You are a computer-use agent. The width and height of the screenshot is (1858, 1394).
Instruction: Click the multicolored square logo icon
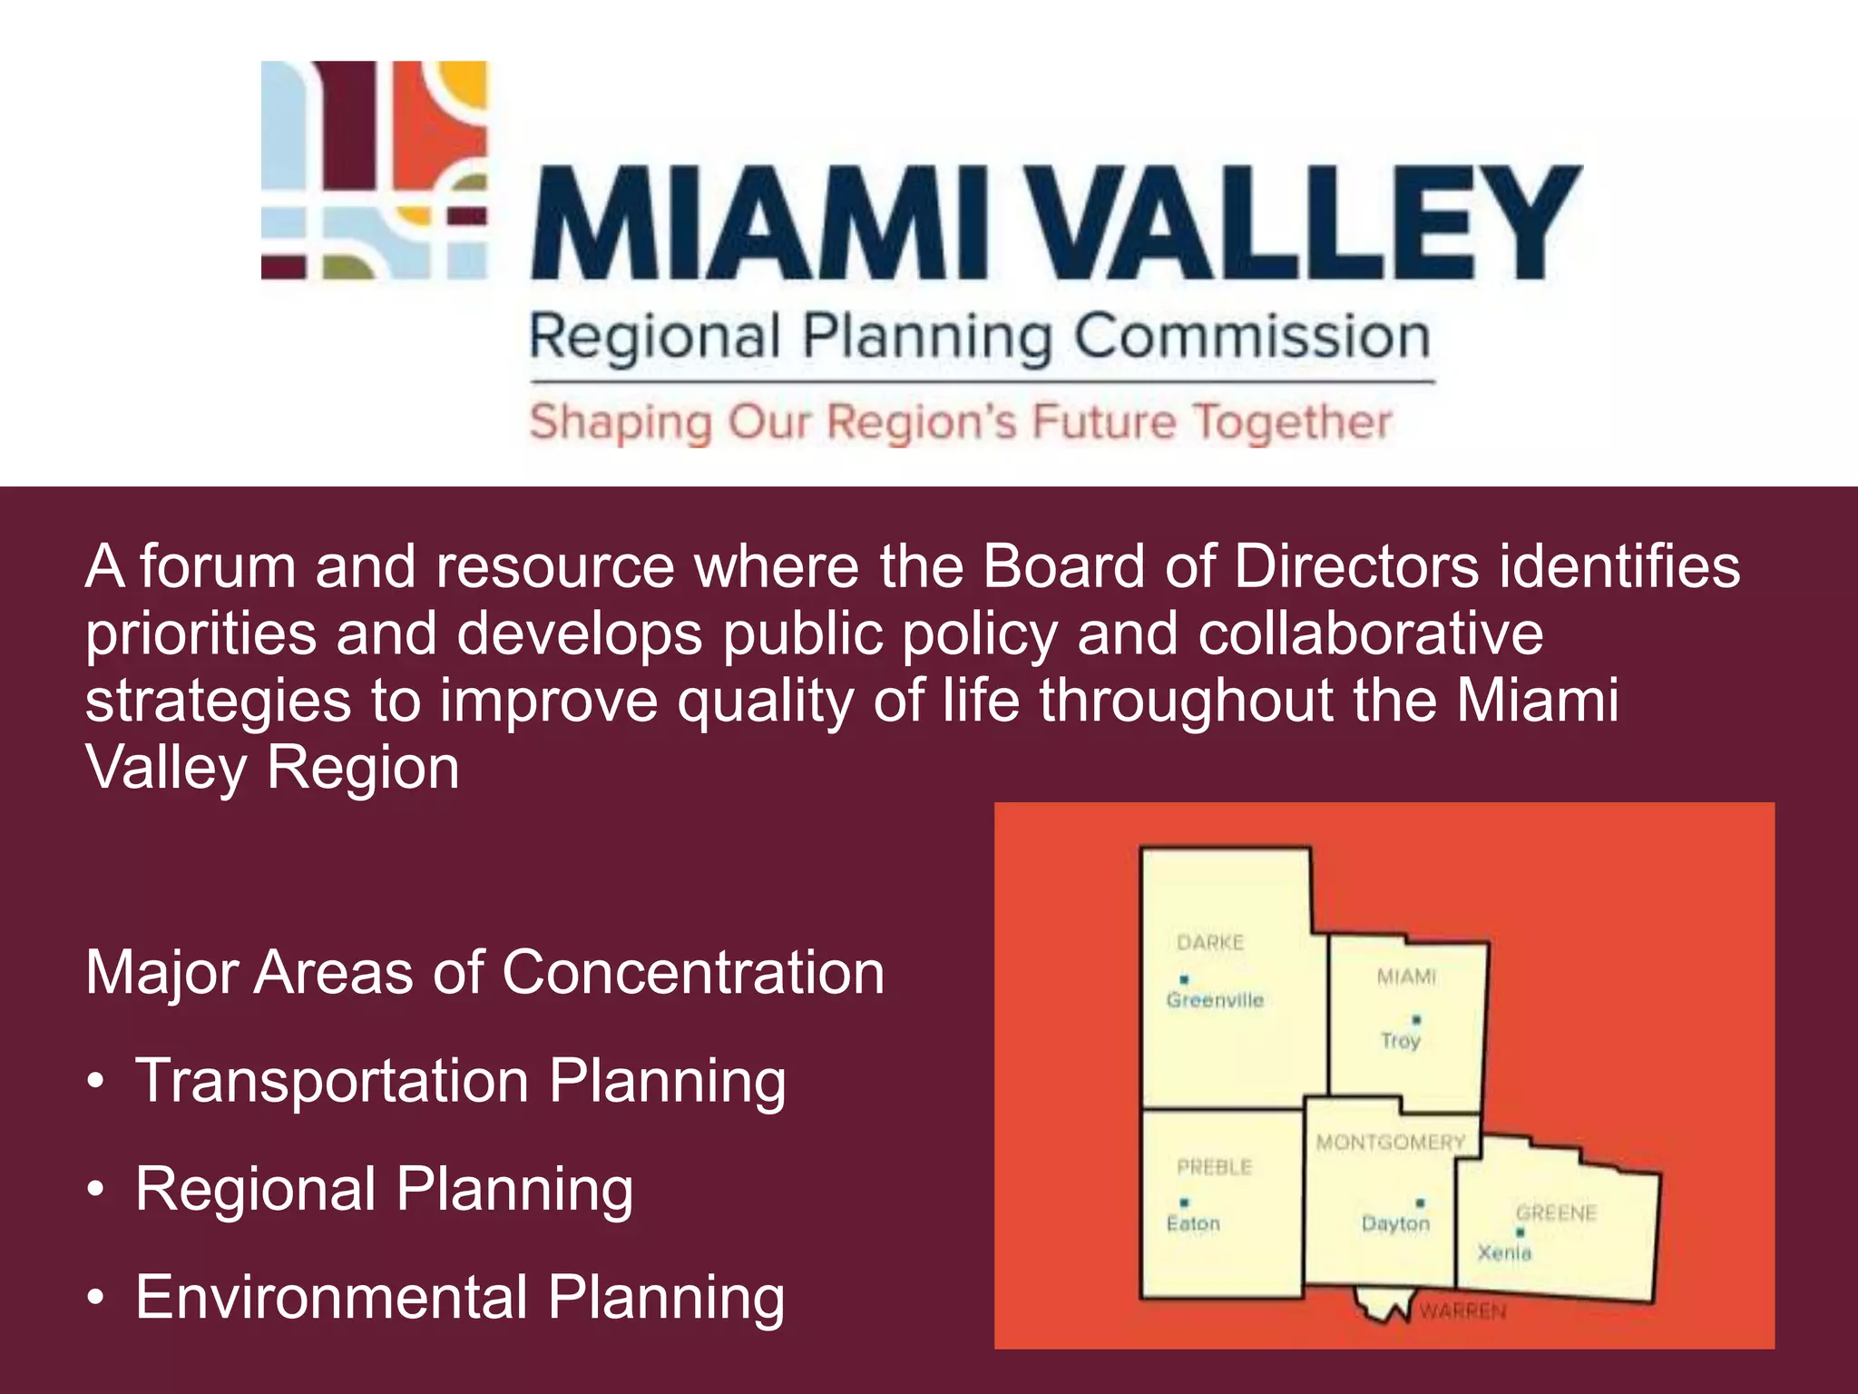(x=374, y=170)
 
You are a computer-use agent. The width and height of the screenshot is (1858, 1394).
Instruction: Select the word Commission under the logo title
(x=1252, y=338)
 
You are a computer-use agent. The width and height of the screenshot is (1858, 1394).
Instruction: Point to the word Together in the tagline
(x=1292, y=422)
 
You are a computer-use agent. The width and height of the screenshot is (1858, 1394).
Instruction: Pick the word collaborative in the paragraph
(x=1370, y=633)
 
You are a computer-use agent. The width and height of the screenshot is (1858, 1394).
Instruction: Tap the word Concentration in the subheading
(x=693, y=973)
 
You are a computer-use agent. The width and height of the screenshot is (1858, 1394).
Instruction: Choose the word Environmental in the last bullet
(x=332, y=1298)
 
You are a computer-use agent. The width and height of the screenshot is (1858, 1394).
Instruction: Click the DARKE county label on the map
(x=1210, y=943)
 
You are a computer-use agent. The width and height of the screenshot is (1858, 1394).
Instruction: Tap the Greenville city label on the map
(x=1215, y=1000)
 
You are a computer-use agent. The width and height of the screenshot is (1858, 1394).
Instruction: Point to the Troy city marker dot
(x=1417, y=1020)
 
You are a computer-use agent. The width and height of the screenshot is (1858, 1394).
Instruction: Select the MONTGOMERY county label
(x=1391, y=1143)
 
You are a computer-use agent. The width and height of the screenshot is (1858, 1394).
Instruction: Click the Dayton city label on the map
(x=1395, y=1224)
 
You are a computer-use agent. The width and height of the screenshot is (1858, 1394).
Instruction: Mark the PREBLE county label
(x=1214, y=1167)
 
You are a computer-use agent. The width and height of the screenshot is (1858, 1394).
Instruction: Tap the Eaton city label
(x=1193, y=1224)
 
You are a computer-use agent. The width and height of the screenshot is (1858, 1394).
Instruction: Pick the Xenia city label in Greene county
(x=1504, y=1253)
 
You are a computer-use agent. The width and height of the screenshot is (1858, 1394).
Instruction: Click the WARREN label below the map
(x=1462, y=1311)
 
